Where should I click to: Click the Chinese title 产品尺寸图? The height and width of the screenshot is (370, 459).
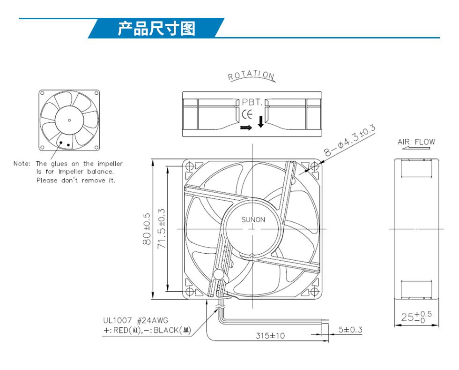(156, 29)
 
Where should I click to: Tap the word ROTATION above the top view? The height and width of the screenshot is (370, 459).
(251, 75)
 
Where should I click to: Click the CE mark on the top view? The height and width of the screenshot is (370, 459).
(247, 114)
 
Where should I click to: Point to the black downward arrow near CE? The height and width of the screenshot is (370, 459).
(260, 121)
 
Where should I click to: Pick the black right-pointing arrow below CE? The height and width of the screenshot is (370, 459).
(246, 128)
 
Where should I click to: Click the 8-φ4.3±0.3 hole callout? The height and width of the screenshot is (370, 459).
(349, 140)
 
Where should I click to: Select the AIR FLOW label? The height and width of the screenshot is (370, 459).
(416, 142)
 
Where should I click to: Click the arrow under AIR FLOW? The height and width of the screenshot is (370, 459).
(416, 148)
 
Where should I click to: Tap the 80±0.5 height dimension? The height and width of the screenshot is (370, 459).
(147, 229)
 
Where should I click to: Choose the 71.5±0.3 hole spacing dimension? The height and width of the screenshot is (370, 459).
(162, 229)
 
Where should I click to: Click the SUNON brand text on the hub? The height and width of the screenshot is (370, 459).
(253, 219)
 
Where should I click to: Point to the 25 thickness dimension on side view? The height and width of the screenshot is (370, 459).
(416, 317)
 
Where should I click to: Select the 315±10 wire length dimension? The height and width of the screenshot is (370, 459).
(270, 335)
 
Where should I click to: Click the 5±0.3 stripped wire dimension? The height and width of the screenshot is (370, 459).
(350, 330)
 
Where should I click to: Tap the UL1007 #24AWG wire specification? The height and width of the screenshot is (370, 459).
(135, 320)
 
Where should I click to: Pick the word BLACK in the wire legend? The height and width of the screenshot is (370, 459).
(166, 331)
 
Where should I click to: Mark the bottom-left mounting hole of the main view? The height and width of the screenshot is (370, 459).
(190, 291)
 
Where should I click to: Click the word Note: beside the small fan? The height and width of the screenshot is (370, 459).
(22, 164)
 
